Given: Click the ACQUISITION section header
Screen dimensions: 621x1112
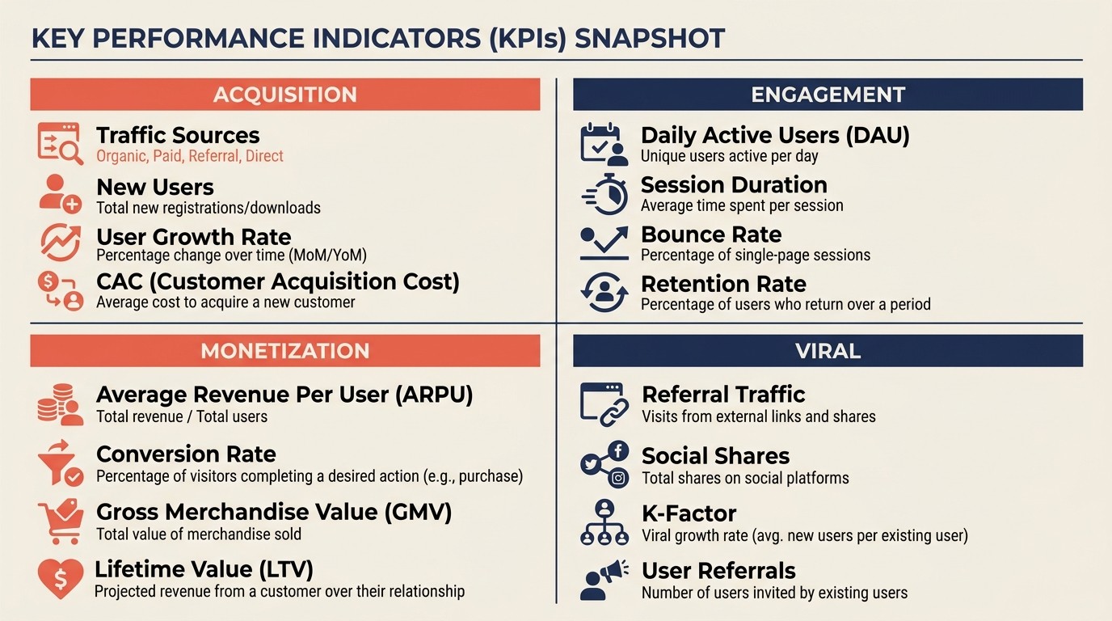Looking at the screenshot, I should pos(284,95).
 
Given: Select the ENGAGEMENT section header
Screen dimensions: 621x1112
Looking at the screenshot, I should pos(828,95).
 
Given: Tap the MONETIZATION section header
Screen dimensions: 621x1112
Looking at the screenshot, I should pos(284,351).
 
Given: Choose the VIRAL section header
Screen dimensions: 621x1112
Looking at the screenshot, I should pos(828,351).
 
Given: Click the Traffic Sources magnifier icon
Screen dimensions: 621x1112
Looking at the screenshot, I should pos(61,144).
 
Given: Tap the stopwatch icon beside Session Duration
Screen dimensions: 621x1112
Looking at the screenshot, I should pos(605,195).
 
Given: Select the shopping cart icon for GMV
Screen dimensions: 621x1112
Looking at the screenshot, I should pos(61,522).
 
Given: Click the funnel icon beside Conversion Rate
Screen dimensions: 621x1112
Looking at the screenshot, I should pos(61,463).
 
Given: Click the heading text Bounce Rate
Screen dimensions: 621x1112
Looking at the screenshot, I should pos(711,235).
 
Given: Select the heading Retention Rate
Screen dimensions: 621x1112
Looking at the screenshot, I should pos(723,285).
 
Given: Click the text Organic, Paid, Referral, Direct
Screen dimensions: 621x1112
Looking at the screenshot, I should pos(190,156).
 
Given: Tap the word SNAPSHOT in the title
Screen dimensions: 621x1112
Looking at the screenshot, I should pos(650,39).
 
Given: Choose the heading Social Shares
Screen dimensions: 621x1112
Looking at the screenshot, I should pos(715,456).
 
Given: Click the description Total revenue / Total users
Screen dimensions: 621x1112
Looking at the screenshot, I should pos(182,417).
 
